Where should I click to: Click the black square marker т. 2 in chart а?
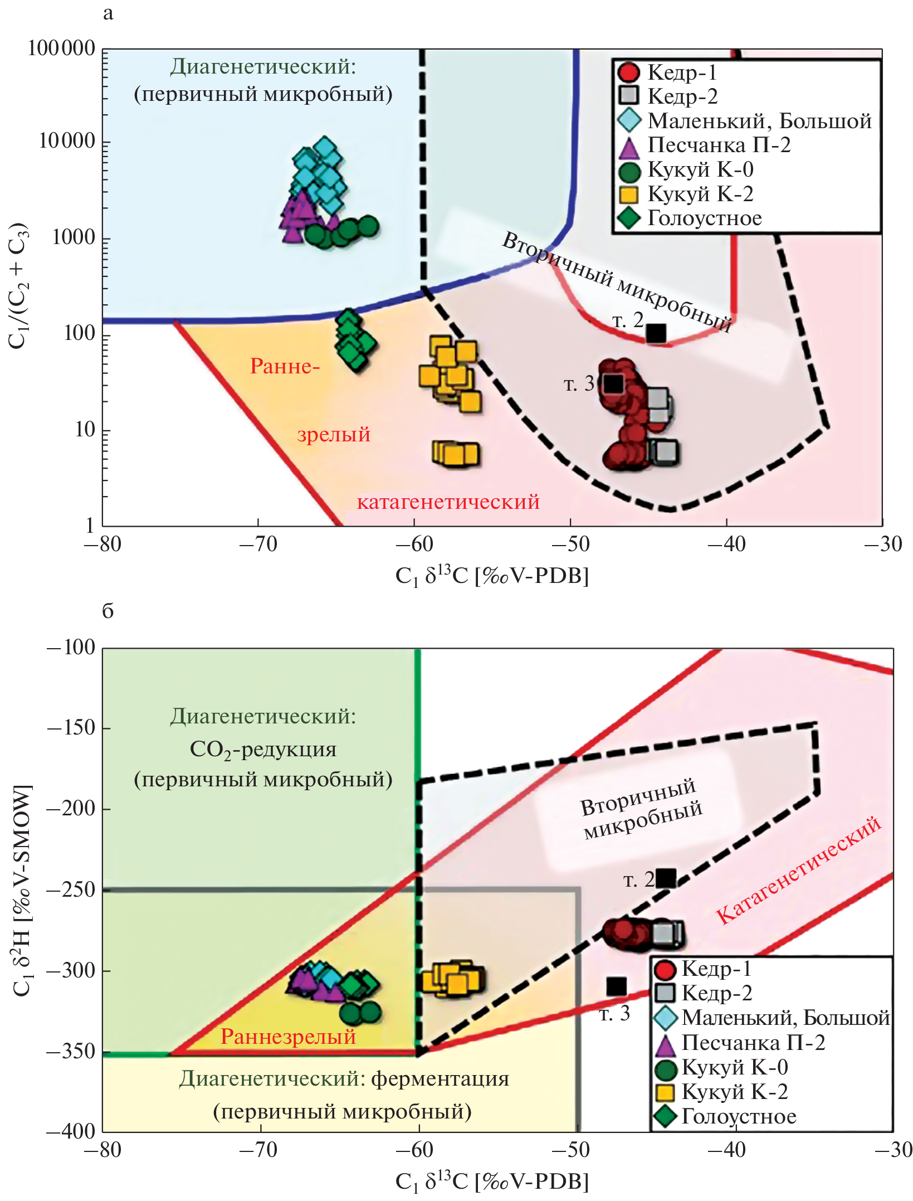(656, 333)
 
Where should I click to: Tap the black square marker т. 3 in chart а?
(613, 383)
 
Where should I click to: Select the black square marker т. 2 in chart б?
(666, 878)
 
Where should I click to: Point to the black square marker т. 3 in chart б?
(616, 986)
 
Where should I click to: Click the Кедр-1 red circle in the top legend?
(629, 72)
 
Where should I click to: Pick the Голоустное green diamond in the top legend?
(629, 218)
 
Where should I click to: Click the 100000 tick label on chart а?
(62, 48)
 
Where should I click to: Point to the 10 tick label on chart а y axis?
(85, 430)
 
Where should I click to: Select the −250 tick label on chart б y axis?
(71, 889)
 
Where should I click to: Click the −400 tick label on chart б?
(71, 1131)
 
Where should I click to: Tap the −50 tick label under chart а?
(570, 544)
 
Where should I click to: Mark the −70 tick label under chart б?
(259, 1150)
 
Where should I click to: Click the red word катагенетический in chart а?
(448, 502)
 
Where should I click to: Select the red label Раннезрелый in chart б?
(288, 1037)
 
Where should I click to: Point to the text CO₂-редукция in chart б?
(263, 749)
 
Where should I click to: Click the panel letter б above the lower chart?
(108, 611)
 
